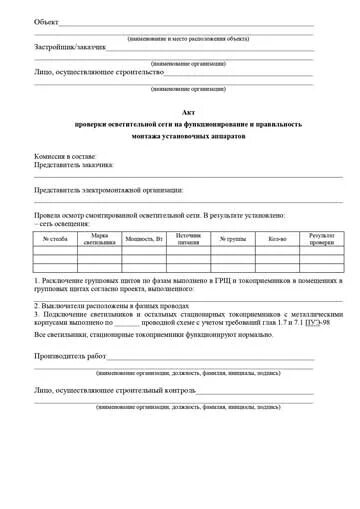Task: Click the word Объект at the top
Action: [46, 22]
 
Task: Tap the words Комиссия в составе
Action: [65, 156]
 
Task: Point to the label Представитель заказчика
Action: [74, 165]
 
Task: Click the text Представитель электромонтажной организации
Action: [109, 189]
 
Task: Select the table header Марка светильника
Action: [100, 238]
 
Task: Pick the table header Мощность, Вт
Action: [144, 238]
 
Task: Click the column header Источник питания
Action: [188, 238]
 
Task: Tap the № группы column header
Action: [233, 238]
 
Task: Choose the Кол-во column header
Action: [277, 238]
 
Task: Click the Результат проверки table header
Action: [321, 238]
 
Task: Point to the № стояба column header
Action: [55, 238]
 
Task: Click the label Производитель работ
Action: [70, 355]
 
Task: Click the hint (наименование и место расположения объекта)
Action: [187, 38]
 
